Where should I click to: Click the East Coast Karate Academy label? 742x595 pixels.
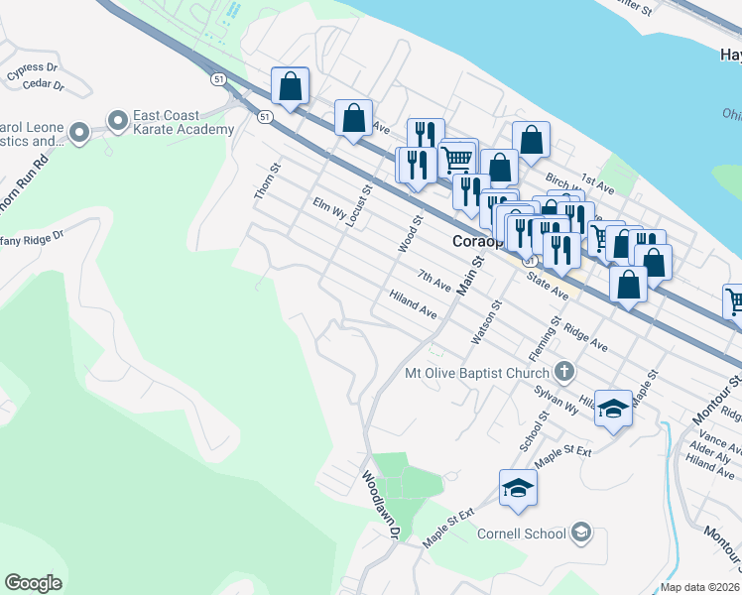click(x=185, y=122)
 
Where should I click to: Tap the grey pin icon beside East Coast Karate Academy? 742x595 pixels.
click(x=118, y=122)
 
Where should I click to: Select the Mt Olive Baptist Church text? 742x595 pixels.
click(x=477, y=374)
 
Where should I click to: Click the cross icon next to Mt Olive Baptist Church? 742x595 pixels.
click(x=564, y=373)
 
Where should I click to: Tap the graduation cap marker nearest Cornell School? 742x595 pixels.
click(x=518, y=489)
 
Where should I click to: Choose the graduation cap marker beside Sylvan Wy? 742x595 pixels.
click(x=614, y=409)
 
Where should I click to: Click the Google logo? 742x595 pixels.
click(x=33, y=583)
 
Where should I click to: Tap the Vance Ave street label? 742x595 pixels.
click(x=713, y=435)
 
